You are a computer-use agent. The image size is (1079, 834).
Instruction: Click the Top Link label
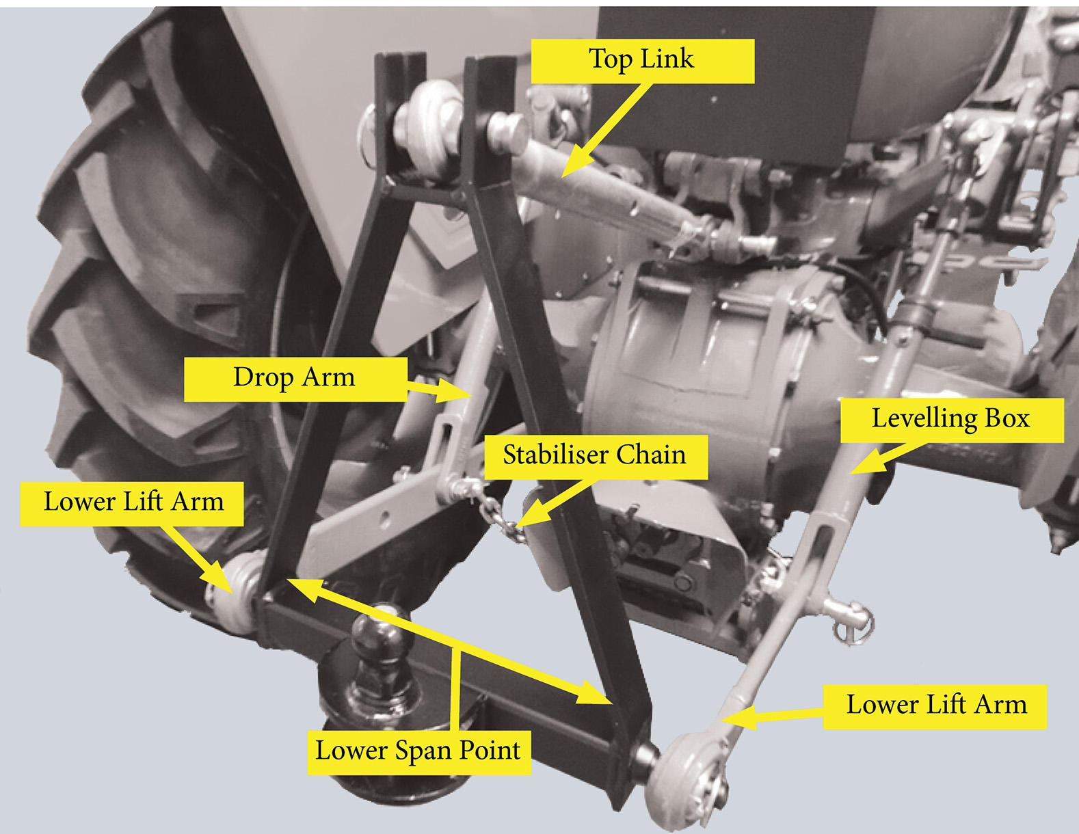pyautogui.click(x=642, y=60)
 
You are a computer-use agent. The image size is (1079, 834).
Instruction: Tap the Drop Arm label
pyautogui.click(x=295, y=378)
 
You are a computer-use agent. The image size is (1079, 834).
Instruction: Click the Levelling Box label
pyautogui.click(x=951, y=419)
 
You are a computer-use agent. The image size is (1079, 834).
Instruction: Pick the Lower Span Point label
pyautogui.click(x=418, y=751)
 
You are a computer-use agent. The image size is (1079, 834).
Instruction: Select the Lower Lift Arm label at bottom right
pyautogui.click(x=935, y=705)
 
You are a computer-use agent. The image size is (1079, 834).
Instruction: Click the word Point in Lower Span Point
pyautogui.click(x=489, y=751)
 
